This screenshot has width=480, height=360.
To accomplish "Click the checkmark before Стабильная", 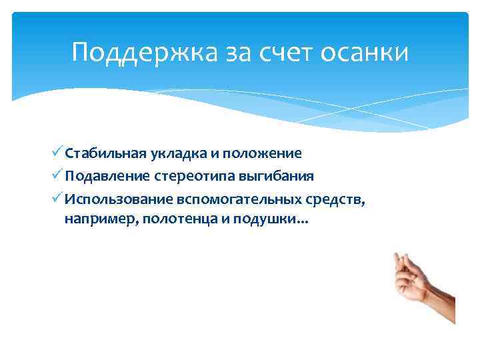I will (58, 153).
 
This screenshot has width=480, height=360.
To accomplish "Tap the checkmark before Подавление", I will (58, 176).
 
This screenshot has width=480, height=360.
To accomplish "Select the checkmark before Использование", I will (58, 199).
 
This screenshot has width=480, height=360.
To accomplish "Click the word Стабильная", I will (102, 153).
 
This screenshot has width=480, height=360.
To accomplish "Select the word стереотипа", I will (191, 177).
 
